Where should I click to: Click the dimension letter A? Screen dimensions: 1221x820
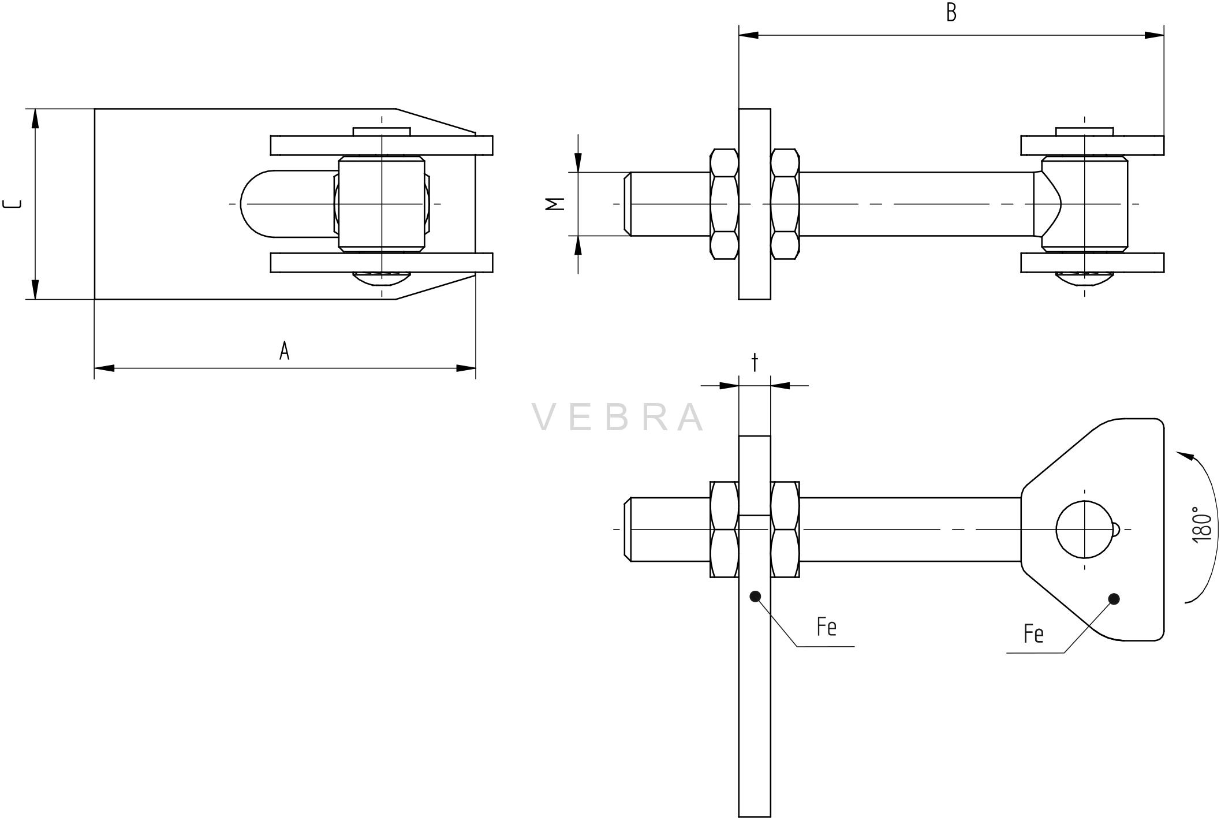(x=284, y=351)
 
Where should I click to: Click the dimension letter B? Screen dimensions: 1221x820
(x=951, y=13)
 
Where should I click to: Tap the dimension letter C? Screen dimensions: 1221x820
(x=13, y=204)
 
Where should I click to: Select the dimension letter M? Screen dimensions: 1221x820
(x=555, y=204)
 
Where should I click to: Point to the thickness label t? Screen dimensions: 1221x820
(x=754, y=363)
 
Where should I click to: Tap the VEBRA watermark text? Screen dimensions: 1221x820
(x=618, y=417)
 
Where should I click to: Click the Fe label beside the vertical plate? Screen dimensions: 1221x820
(x=826, y=627)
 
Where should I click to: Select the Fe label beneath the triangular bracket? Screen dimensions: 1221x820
(x=1033, y=633)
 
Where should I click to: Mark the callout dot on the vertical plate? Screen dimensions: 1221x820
(x=755, y=597)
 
